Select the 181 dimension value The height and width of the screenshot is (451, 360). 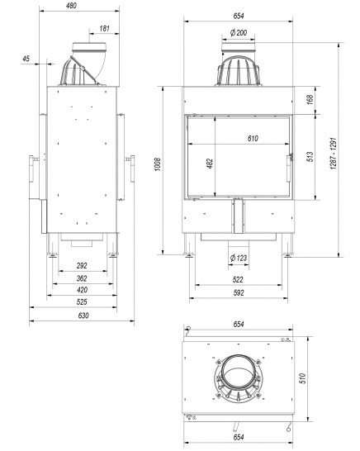coord(104,29)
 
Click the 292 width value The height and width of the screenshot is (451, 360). coord(83,265)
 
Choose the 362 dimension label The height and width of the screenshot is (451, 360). coord(83,278)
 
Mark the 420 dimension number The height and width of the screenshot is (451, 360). coord(83,291)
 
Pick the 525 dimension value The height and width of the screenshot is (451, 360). coord(83,303)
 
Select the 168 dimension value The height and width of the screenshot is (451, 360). coord(310,99)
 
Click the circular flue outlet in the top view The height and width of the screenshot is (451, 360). coord(237,370)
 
